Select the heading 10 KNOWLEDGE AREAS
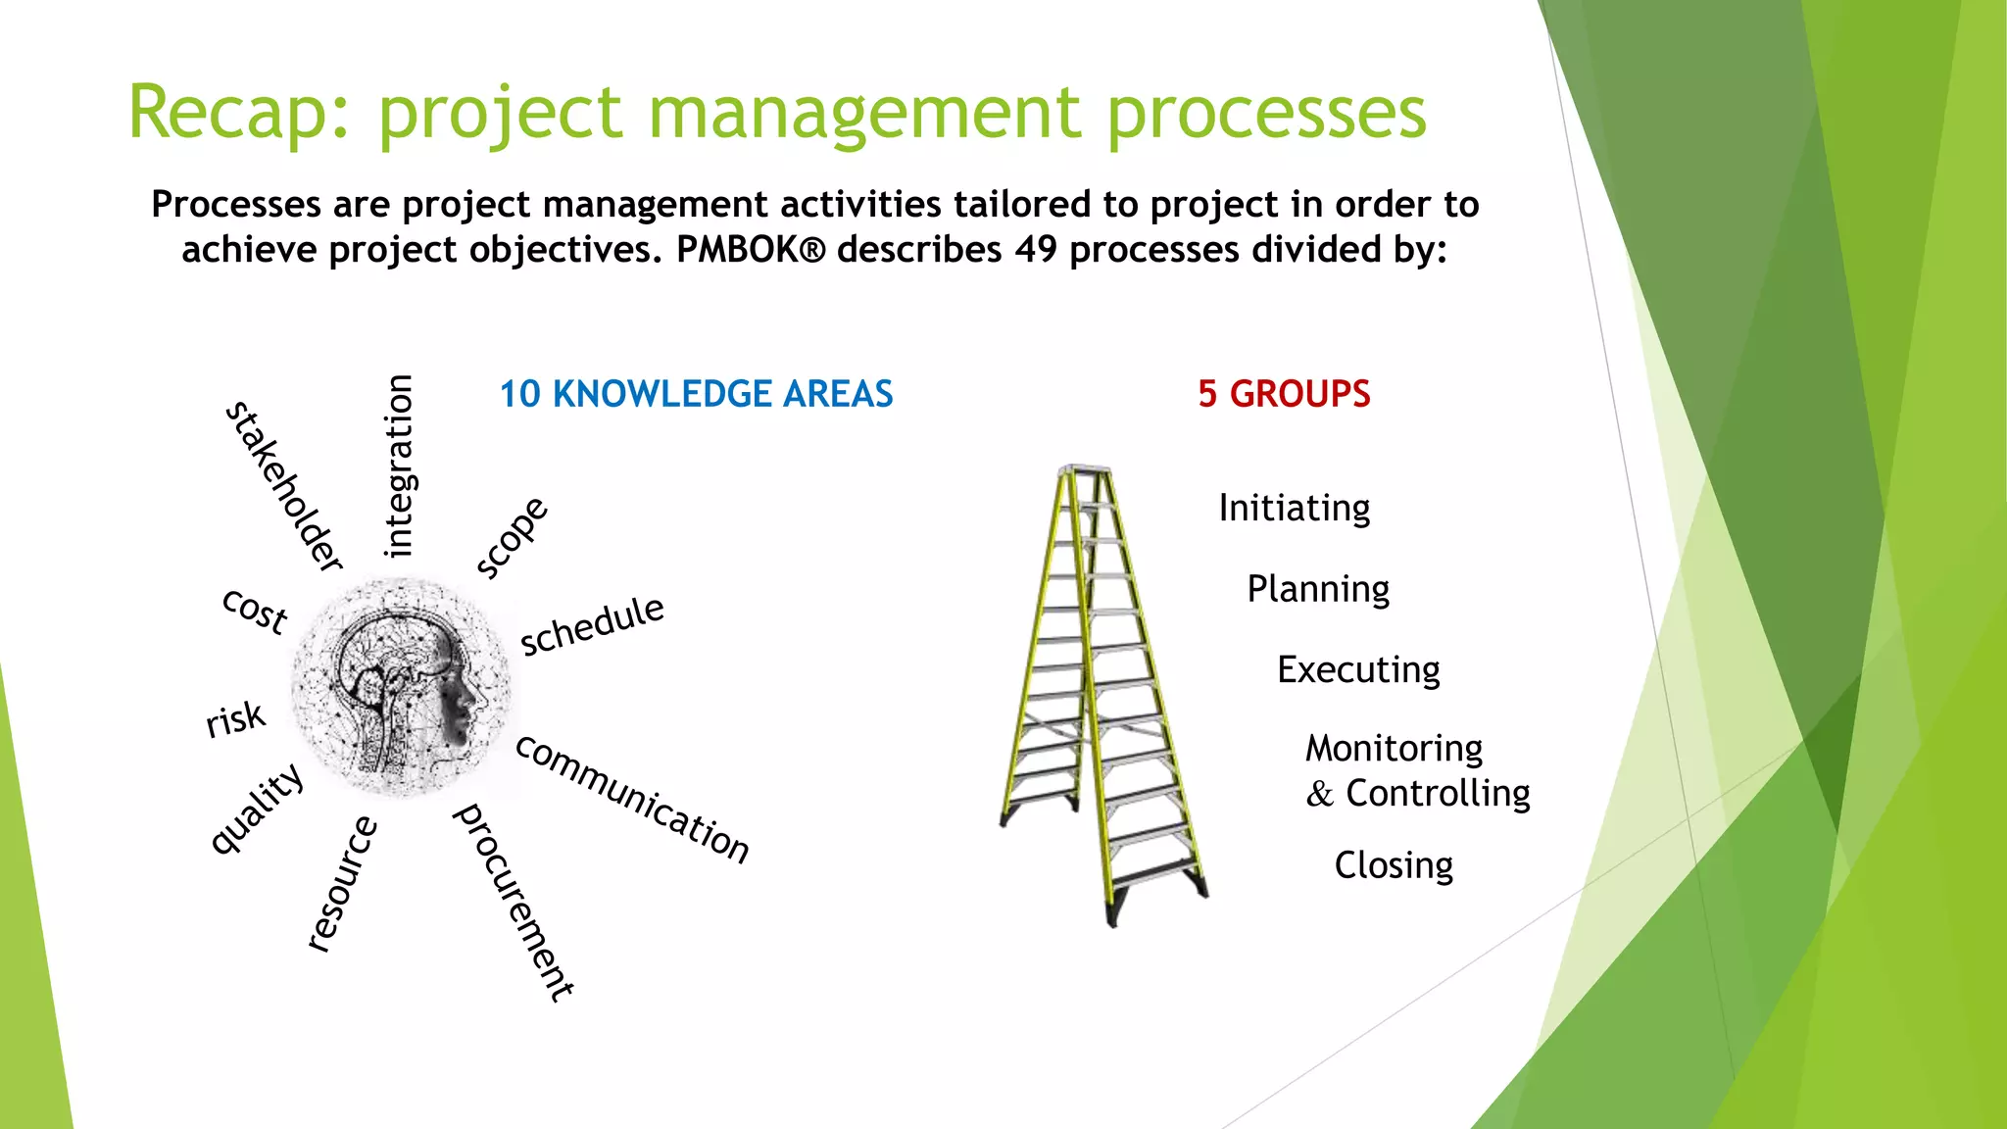tap(696, 394)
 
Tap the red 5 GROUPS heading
tap(1284, 394)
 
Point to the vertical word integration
tap(399, 466)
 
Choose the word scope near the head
tap(512, 537)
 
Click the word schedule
tap(592, 625)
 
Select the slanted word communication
tap(632, 799)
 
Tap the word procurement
tap(513, 902)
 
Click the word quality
tap(257, 809)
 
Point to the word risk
tap(235, 719)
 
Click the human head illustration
tap(402, 686)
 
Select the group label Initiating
tap(1294, 509)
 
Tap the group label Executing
tap(1358, 670)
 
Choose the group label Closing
tap(1394, 865)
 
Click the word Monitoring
tap(1394, 749)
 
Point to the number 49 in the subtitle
tap(1036, 250)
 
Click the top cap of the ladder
tap(1085, 470)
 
